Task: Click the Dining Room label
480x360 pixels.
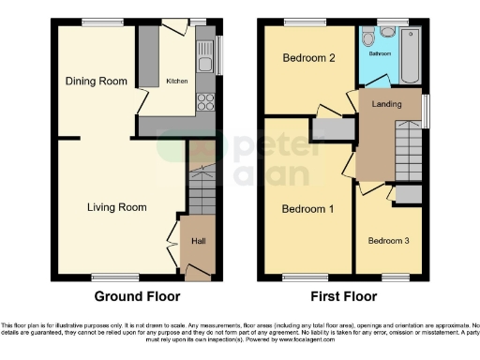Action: coord(96,82)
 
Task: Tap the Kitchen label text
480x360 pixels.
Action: coord(177,82)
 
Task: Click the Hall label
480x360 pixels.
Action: coord(199,241)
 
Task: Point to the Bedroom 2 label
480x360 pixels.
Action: coord(308,58)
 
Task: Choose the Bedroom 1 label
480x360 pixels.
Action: coord(308,208)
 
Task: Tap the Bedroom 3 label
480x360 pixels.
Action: coord(387,241)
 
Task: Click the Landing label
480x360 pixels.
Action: coord(387,104)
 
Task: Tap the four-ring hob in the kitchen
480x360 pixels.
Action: coord(205,103)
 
